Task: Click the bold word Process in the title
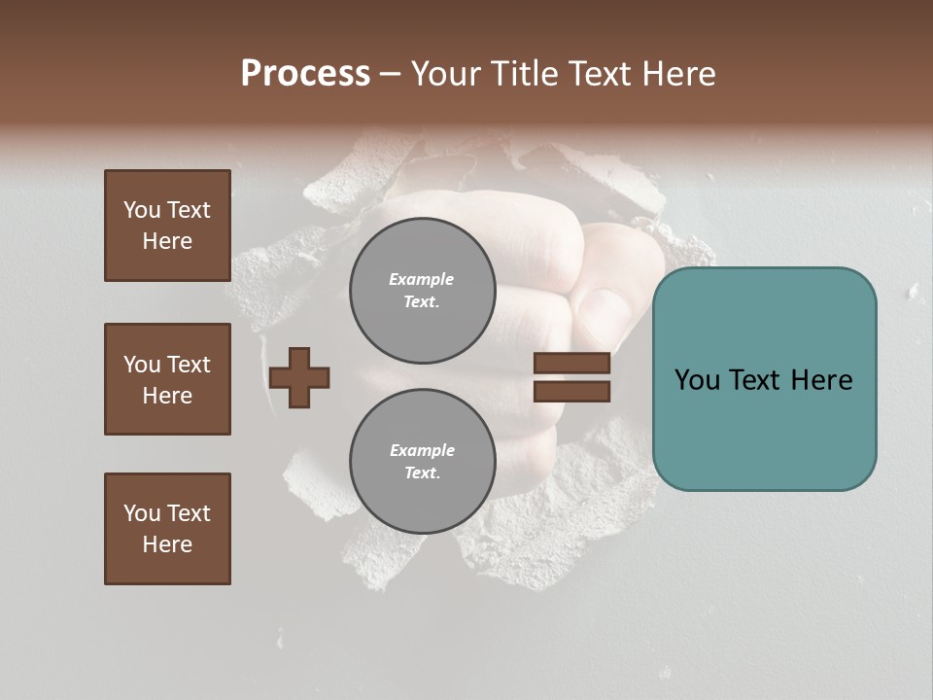tap(305, 74)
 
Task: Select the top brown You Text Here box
tap(167, 226)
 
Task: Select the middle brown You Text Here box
tap(167, 379)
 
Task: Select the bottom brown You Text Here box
tap(167, 529)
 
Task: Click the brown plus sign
tap(299, 377)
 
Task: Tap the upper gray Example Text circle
tap(422, 290)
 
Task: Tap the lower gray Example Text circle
tap(422, 461)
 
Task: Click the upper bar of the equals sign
tap(571, 363)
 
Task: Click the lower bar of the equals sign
tap(571, 392)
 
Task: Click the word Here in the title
tap(680, 74)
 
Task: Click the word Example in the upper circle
tap(422, 280)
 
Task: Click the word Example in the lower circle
tap(422, 451)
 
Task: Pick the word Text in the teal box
tap(764, 380)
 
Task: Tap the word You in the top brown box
tap(142, 210)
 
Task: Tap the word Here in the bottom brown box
tap(167, 544)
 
